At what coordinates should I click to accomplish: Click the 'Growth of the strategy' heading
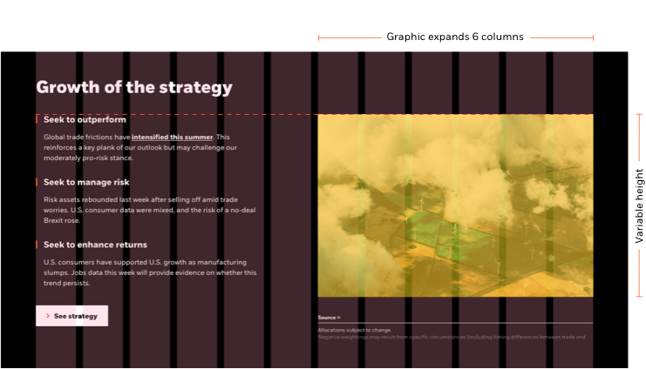tap(134, 87)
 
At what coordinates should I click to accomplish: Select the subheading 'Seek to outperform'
tap(85, 119)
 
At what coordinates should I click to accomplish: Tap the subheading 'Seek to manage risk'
tap(86, 182)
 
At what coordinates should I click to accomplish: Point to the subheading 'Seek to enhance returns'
tap(95, 245)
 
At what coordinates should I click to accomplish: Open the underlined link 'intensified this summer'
tap(172, 138)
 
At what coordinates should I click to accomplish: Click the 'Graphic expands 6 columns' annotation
tap(454, 37)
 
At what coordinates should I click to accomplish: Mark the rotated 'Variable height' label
tap(639, 205)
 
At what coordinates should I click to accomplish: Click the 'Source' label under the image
tap(328, 318)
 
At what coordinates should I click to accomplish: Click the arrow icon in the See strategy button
tap(47, 316)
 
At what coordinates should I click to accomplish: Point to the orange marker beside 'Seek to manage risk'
tap(37, 182)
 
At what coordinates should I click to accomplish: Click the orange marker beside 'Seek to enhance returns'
tap(37, 245)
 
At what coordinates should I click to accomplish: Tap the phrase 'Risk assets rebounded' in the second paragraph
tap(78, 199)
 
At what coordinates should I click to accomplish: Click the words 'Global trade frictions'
tap(78, 138)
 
